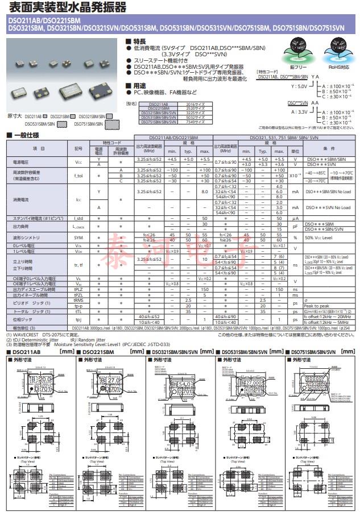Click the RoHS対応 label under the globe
336,66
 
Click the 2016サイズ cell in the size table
196,105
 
